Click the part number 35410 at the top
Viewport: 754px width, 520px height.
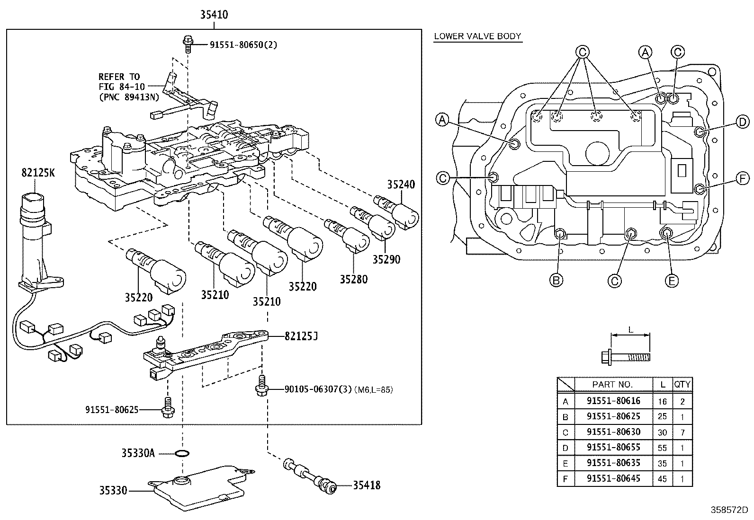(x=214, y=15)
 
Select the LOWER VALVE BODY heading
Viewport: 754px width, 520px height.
(x=477, y=36)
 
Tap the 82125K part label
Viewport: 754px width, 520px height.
(x=38, y=173)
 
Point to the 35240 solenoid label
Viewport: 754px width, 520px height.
(x=400, y=184)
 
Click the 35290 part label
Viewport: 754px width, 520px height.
(x=386, y=259)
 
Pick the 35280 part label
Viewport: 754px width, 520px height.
(x=353, y=279)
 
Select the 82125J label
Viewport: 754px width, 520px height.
(x=301, y=336)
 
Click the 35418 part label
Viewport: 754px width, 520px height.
(x=366, y=485)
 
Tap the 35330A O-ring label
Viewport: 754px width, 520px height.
(x=138, y=453)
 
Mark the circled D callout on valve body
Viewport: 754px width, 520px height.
(x=743, y=122)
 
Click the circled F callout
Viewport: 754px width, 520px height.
(x=743, y=178)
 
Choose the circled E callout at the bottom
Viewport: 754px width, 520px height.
(x=671, y=281)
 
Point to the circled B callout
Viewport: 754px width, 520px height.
(x=556, y=281)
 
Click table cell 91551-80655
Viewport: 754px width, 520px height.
(x=613, y=447)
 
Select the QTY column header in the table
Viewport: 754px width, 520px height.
(x=682, y=384)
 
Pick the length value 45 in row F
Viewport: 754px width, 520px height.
(x=662, y=479)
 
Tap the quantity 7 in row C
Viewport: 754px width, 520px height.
(x=682, y=432)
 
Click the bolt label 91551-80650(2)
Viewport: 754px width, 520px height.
(x=243, y=45)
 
